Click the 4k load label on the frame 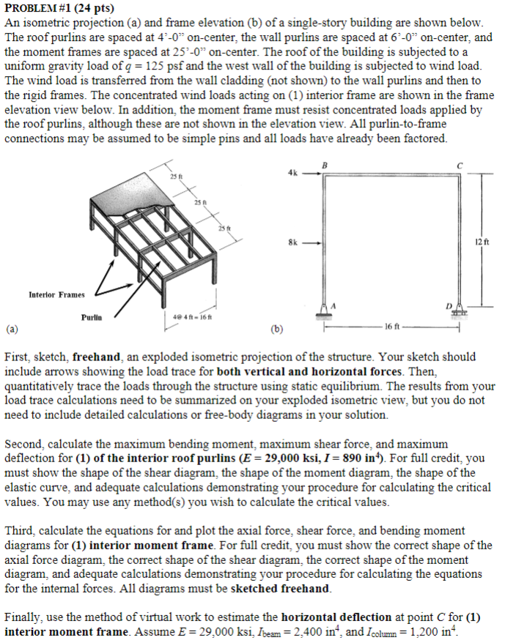tap(292, 174)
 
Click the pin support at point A tap(323, 311)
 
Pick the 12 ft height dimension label tap(479, 241)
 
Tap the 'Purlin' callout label tap(90, 317)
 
